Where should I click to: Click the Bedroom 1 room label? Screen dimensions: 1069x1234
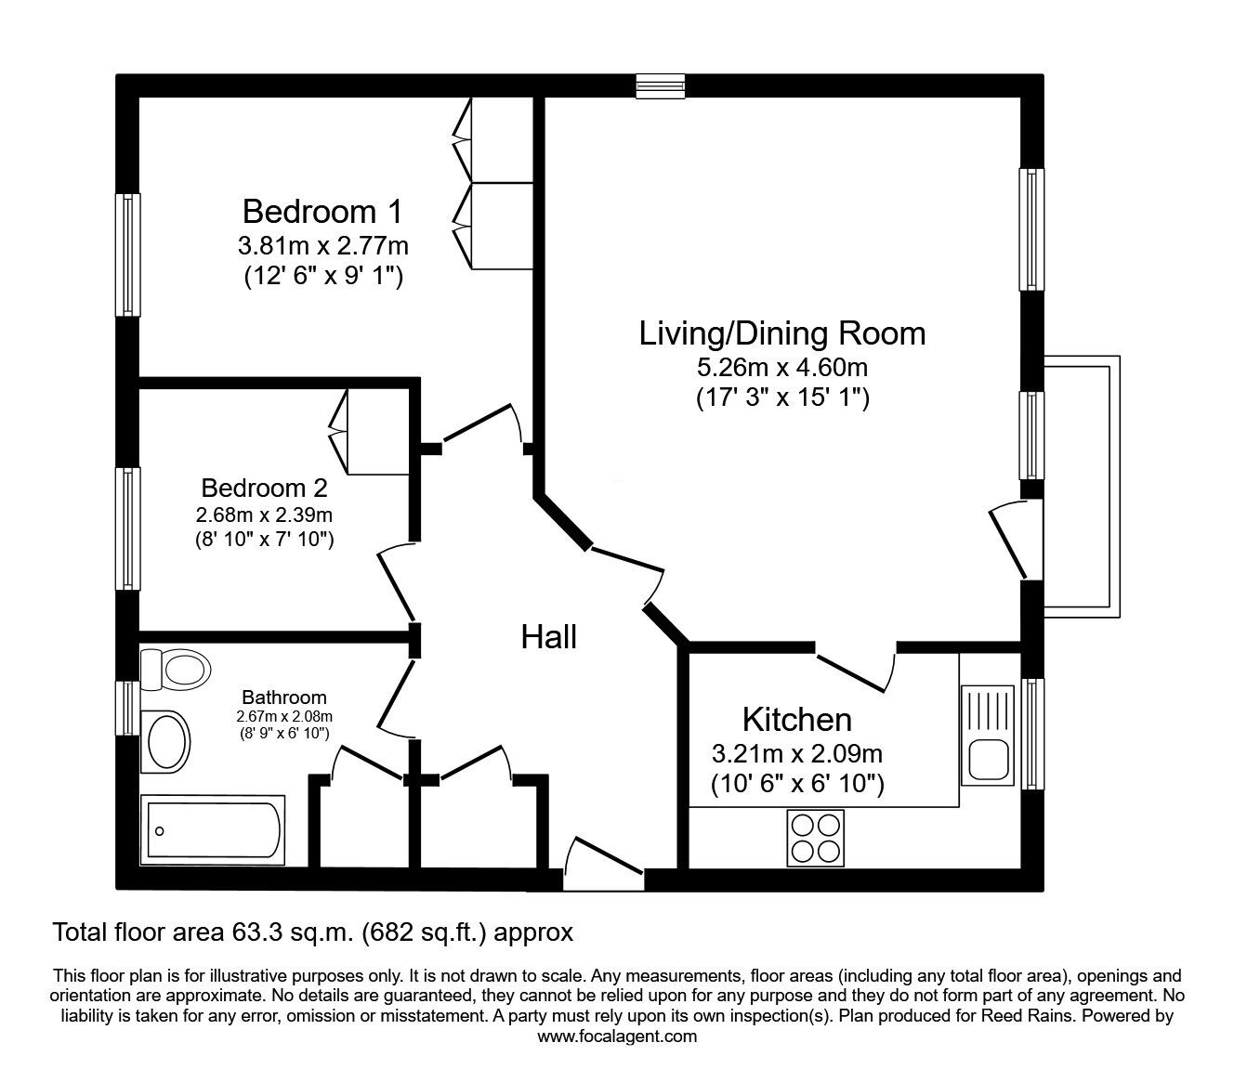click(x=322, y=212)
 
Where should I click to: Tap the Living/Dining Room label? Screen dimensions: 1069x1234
click(x=781, y=333)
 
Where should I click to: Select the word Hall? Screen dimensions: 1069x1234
click(x=548, y=637)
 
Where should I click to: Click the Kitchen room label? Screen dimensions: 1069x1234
click(x=796, y=719)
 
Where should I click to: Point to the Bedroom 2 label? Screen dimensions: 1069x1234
click(x=264, y=488)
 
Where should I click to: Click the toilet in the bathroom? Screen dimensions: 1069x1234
click(x=176, y=667)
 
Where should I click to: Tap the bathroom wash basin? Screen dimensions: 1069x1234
click(x=164, y=741)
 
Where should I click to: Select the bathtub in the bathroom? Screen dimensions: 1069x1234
click(x=213, y=828)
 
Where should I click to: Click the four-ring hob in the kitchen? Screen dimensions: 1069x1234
click(x=815, y=838)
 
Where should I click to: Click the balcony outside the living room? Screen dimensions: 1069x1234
click(x=1083, y=486)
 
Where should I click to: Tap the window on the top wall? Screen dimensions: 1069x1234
click(x=661, y=86)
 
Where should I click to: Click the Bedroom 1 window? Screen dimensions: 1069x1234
click(x=127, y=254)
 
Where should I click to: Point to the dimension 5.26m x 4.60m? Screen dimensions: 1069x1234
click(x=781, y=368)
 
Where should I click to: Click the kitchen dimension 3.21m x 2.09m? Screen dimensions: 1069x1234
click(x=796, y=753)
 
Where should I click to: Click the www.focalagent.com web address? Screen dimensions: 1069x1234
click(x=617, y=1036)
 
